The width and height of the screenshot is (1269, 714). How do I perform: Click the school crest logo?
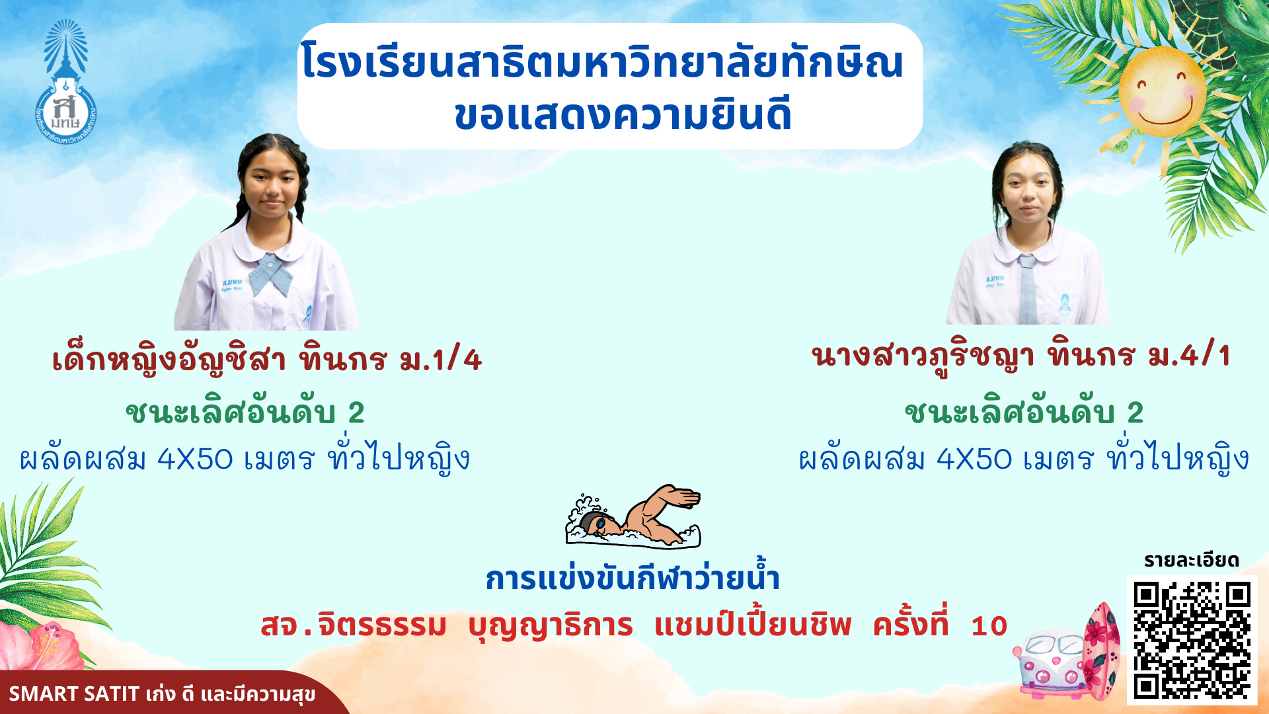(65, 83)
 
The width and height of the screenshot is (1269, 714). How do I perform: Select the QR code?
(1192, 640)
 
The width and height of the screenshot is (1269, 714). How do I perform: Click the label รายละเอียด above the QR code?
(1192, 561)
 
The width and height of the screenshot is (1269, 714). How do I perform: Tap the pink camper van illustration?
(1051, 664)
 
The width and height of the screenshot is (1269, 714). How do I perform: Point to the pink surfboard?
(1102, 652)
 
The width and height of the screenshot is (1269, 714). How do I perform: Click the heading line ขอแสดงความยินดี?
(623, 114)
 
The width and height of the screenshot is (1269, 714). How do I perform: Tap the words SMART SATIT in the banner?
(74, 694)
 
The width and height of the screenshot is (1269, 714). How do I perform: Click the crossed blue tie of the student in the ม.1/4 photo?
(269, 273)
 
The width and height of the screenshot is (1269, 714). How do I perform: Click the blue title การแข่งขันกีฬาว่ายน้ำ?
(633, 577)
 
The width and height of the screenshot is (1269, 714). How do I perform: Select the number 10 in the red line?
(989, 626)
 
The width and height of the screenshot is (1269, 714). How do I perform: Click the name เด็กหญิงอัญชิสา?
(169, 360)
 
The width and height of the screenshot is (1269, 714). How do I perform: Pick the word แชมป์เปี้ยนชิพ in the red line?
(753, 625)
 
